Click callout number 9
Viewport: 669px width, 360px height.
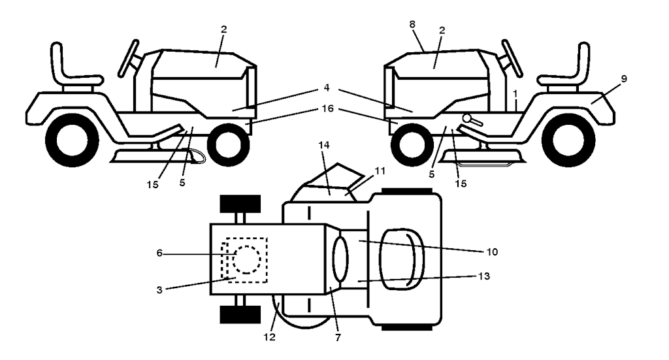624,79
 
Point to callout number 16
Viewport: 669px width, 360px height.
326,109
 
